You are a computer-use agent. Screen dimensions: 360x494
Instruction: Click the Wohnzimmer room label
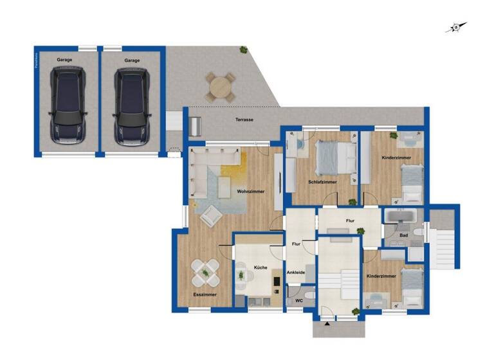pos(250,192)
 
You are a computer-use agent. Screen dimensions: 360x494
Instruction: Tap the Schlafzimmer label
pos(322,182)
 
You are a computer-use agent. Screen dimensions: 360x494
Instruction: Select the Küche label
pos(260,267)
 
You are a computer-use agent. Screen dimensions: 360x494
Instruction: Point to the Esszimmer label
pos(205,294)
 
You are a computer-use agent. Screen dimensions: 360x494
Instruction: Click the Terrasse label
pos(244,120)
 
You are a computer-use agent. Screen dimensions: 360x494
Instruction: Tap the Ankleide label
pos(296,273)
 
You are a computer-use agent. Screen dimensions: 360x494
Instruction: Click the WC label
pos(298,300)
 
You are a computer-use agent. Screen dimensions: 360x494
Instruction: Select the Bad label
pos(403,235)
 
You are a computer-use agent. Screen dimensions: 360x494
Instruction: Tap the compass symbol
pos(455,27)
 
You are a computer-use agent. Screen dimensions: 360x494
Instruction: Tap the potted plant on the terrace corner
pos(243,50)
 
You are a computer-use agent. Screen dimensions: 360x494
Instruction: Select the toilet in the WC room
pos(310,294)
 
